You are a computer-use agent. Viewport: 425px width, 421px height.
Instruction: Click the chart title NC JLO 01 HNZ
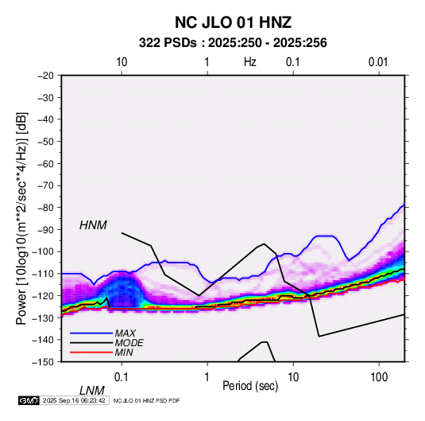click(x=233, y=22)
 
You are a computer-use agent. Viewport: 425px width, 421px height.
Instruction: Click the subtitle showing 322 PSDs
click(x=233, y=43)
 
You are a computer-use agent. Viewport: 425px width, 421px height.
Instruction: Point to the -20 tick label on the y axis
click(x=45, y=76)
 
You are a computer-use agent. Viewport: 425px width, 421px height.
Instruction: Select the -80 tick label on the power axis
click(x=45, y=208)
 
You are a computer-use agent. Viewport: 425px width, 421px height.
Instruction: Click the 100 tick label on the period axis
click(x=379, y=377)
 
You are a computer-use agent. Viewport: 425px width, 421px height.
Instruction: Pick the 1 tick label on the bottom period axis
click(x=207, y=377)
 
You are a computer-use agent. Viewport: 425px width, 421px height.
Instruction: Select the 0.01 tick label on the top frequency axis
click(x=378, y=62)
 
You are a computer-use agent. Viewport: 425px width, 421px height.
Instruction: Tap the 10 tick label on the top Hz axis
click(x=122, y=62)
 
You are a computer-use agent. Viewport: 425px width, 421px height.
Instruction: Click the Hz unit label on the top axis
click(x=250, y=62)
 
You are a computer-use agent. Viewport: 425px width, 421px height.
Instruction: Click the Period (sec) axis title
click(x=250, y=386)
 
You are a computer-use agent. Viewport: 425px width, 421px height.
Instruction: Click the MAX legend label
click(x=125, y=333)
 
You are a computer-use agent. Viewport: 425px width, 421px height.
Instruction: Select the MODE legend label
click(x=129, y=343)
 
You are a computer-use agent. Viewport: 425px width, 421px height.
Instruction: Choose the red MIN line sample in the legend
click(x=91, y=353)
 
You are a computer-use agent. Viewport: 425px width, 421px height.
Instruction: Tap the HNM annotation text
click(x=93, y=225)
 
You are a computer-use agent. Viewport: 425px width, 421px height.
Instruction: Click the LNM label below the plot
click(x=91, y=391)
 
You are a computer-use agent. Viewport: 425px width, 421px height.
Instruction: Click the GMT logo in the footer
click(x=29, y=400)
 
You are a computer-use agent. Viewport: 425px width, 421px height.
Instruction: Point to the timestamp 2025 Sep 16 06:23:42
click(x=74, y=400)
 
